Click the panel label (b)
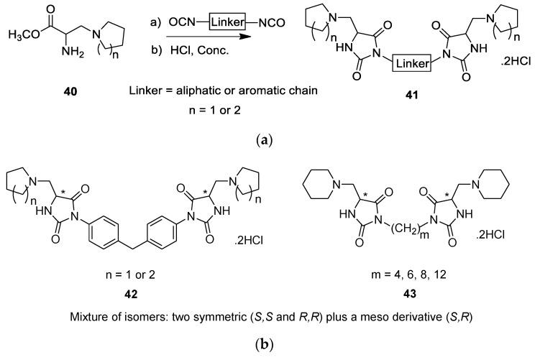pyautogui.click(x=267, y=351)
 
